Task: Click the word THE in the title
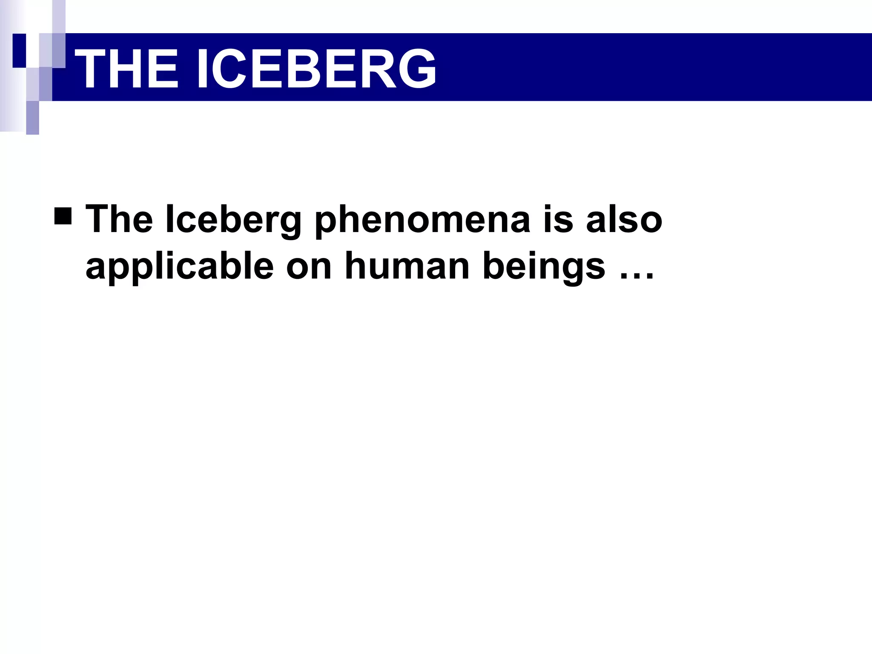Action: [126, 68]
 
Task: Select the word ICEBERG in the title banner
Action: [316, 68]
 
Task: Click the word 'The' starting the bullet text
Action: [119, 219]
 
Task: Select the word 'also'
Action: [624, 219]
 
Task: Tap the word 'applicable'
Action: [179, 267]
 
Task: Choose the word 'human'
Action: [407, 267]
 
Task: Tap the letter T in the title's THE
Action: [92, 68]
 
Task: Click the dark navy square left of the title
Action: [20, 50]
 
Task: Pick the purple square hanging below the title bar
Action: [33, 118]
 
